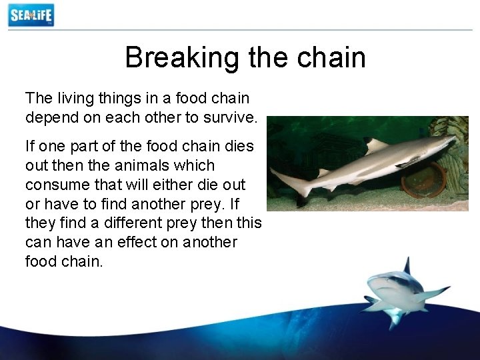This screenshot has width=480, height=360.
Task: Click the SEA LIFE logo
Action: [31, 15]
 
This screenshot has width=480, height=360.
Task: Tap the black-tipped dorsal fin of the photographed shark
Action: [375, 145]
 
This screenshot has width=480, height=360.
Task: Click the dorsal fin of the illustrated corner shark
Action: [406, 266]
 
